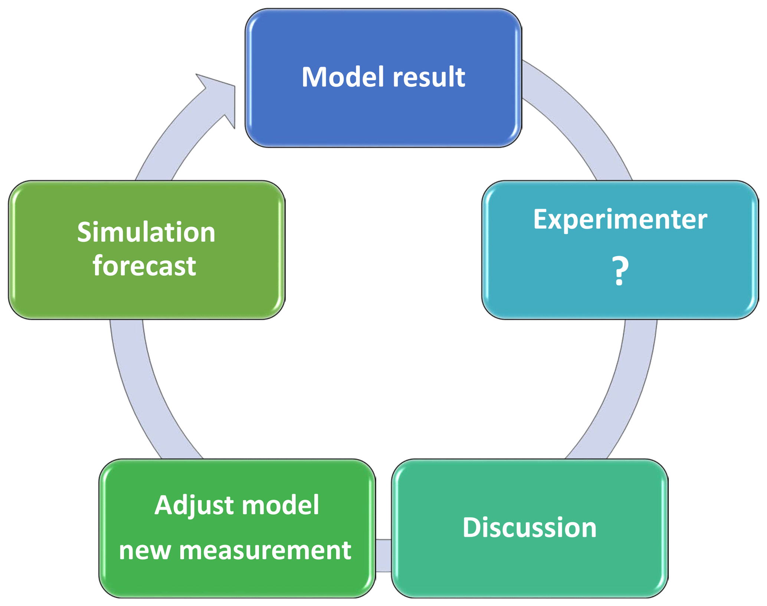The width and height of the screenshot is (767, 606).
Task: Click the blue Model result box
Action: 383,78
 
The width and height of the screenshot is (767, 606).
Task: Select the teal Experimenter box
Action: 620,250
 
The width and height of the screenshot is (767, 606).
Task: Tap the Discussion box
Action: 530,528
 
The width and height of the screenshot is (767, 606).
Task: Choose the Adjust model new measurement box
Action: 237,528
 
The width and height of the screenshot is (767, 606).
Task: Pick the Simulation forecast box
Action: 147,250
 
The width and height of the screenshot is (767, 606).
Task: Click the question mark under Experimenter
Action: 620,271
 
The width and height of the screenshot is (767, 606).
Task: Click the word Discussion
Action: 530,527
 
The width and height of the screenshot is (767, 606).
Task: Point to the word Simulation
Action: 146,232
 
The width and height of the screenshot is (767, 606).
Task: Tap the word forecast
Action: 144,266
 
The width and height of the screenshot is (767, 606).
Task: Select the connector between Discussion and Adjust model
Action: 383,556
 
